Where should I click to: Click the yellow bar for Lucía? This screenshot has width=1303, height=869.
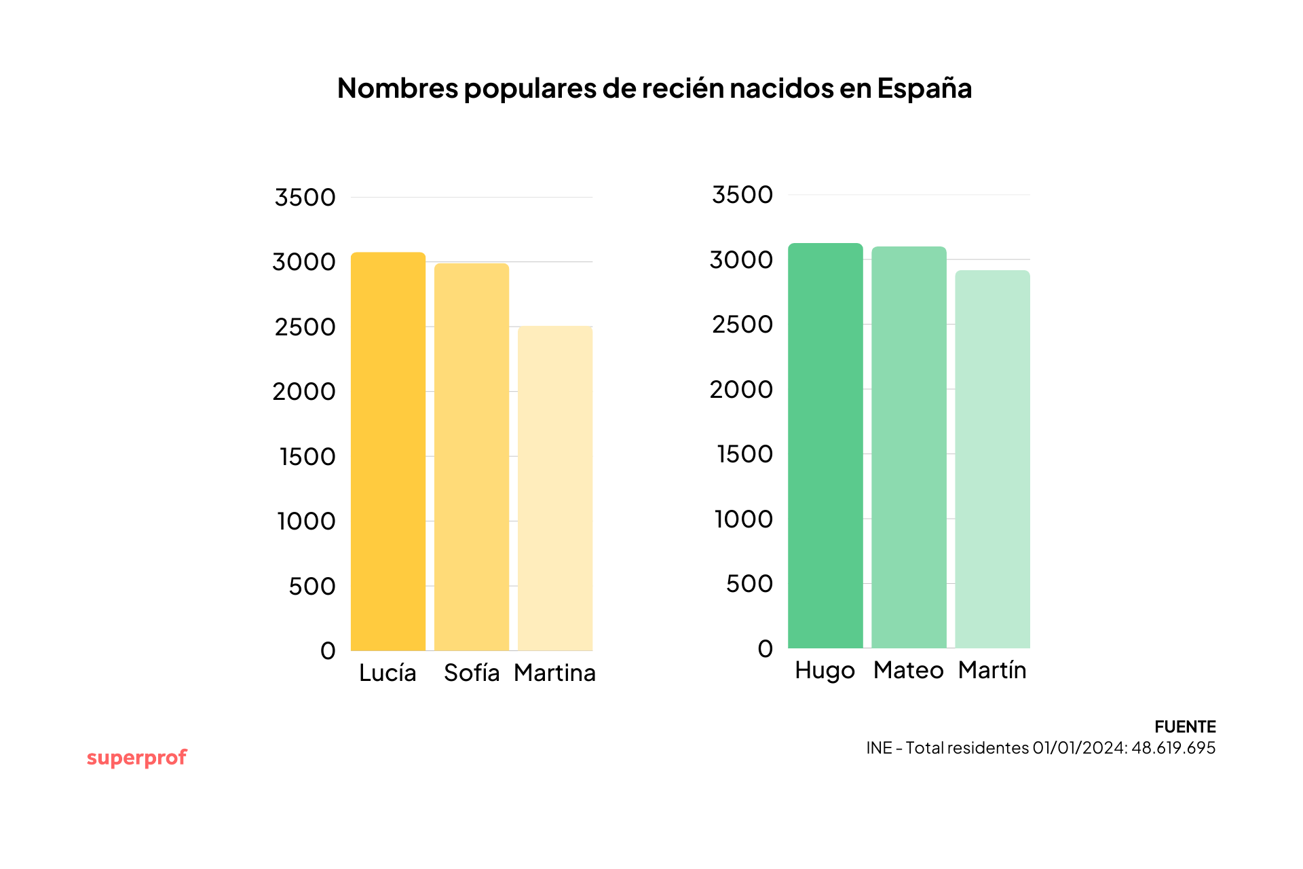tap(388, 451)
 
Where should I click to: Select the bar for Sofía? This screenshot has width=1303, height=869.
tap(472, 457)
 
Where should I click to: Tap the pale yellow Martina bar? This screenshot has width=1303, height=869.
tap(555, 488)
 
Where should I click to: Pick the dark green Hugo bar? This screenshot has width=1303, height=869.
tap(825, 445)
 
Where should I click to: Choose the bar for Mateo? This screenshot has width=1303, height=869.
tap(909, 447)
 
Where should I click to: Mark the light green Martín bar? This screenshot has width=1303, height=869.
tap(992, 459)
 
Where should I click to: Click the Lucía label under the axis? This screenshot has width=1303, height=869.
tap(388, 673)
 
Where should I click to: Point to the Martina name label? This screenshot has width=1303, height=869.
tap(554, 673)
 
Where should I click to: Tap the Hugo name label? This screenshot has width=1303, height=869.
tap(825, 670)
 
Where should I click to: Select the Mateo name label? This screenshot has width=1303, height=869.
tap(908, 670)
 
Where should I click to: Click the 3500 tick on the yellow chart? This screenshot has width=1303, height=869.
tap(305, 198)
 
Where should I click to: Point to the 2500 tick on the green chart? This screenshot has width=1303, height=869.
tap(742, 325)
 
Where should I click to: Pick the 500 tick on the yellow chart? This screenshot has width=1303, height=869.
tap(311, 587)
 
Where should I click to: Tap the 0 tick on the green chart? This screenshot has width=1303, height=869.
tap(765, 649)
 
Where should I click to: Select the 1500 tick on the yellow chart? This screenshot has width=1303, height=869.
tap(307, 457)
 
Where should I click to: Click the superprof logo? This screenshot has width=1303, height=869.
tap(136, 758)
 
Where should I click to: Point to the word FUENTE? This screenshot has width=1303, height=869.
tap(1185, 727)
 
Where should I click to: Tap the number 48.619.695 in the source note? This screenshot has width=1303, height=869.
tap(1173, 748)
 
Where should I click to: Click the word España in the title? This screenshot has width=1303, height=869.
tap(924, 88)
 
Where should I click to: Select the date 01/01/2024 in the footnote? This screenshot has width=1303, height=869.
tap(1080, 748)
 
